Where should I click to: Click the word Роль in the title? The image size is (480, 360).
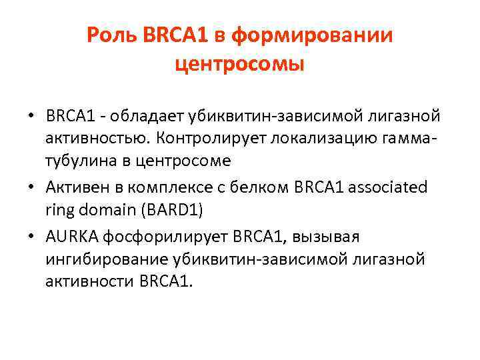[x=111, y=36]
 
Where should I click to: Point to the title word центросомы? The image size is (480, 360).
[x=239, y=65]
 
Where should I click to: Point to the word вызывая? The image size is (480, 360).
[x=331, y=237]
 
